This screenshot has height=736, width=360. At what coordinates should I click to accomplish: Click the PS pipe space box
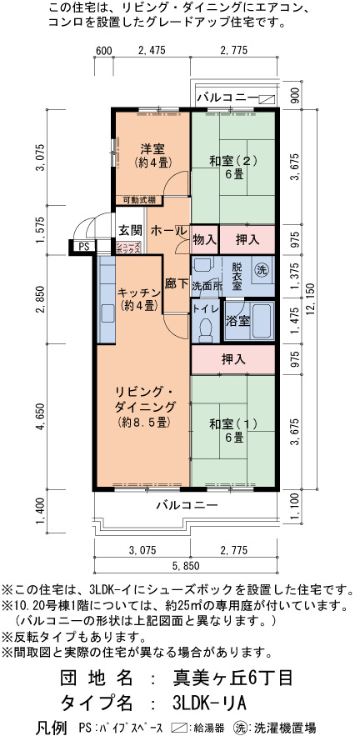83,247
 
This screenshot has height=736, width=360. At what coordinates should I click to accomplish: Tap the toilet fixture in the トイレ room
205,330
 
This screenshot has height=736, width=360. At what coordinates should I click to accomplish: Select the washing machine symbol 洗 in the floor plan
261,269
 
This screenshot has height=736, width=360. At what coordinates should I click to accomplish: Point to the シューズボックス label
128,248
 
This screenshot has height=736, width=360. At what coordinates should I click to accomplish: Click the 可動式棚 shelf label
138,200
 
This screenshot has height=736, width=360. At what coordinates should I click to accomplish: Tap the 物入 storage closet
205,240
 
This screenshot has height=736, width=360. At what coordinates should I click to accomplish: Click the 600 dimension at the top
102,51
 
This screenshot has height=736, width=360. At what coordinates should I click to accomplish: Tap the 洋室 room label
152,150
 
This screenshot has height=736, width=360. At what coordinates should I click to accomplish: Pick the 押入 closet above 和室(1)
233,360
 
